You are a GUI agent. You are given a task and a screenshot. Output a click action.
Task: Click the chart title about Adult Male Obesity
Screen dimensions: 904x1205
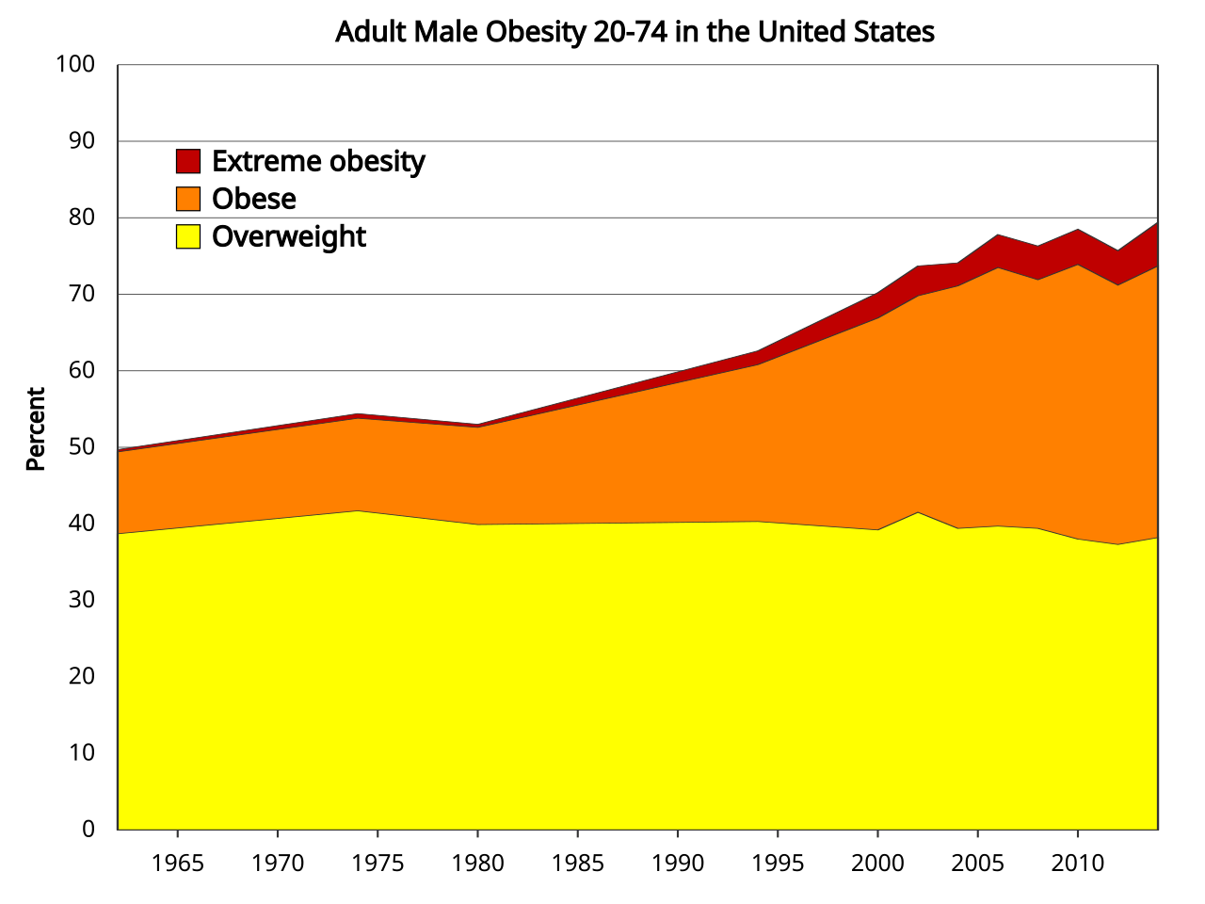point(635,32)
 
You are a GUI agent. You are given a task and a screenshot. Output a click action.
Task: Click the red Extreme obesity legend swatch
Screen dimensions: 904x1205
point(188,161)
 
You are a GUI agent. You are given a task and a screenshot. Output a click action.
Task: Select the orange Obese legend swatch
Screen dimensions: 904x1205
point(188,199)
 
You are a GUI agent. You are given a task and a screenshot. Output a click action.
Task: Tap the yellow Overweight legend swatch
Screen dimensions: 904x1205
point(188,236)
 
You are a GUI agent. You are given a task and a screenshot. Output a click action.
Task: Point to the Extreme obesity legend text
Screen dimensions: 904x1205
point(318,162)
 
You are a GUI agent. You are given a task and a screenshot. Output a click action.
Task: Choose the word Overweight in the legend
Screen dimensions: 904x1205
point(288,236)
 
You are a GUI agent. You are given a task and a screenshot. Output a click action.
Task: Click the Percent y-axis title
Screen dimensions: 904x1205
point(36,428)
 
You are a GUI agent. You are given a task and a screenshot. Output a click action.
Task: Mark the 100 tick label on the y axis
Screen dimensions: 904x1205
point(75,64)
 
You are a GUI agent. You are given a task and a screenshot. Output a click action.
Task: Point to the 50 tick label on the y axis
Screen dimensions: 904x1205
point(82,446)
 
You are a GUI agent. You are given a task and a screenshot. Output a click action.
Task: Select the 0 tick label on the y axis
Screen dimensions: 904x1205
point(88,829)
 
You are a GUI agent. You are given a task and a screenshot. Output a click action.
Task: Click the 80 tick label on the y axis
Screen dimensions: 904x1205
point(82,217)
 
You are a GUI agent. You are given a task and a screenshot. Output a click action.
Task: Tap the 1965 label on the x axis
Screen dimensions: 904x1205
point(177,863)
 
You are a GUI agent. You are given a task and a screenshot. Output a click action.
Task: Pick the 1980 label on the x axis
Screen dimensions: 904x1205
point(477,863)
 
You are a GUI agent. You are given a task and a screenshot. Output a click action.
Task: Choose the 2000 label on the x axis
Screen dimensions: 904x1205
point(877,863)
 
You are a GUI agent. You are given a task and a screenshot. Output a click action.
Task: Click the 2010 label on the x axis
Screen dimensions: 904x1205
point(1077,863)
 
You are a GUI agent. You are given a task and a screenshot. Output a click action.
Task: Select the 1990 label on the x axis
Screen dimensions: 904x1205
point(678,863)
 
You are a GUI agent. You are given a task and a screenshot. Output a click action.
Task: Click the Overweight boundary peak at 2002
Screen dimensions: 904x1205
point(918,512)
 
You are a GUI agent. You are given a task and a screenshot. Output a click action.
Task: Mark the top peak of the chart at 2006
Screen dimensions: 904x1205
point(998,234)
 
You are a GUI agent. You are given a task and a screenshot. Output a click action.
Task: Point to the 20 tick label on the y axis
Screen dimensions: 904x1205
point(82,676)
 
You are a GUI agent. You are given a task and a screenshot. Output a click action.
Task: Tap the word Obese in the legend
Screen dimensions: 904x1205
point(253,199)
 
